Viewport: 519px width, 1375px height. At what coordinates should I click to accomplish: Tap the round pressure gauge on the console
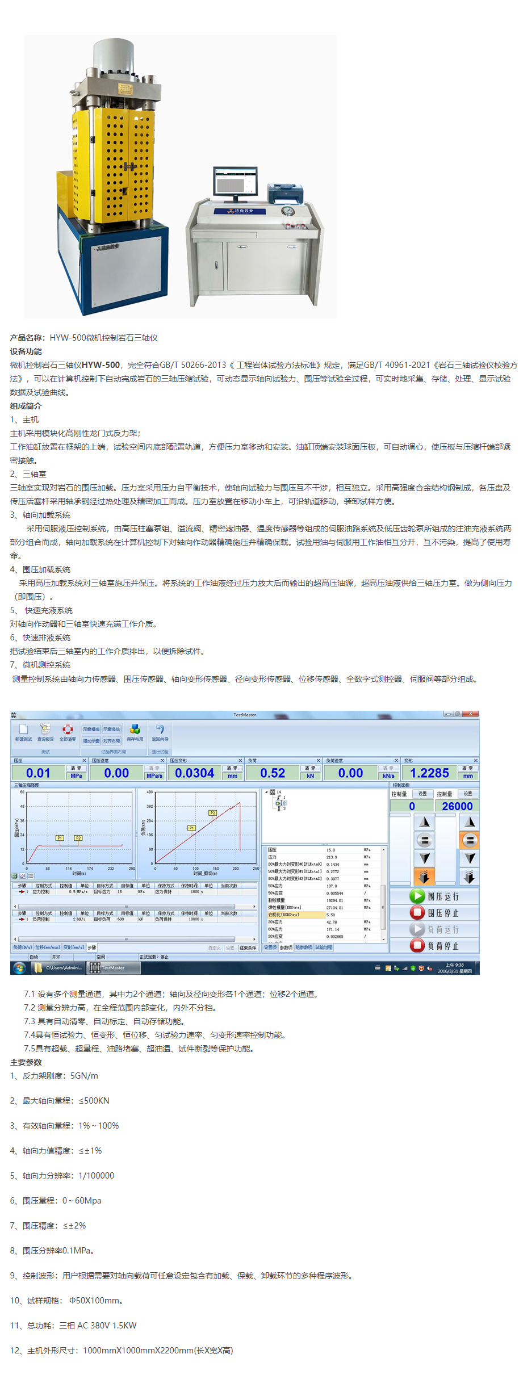[288, 211]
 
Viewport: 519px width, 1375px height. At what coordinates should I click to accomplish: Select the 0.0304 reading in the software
[194, 773]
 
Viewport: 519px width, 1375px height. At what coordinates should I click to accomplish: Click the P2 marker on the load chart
[212, 813]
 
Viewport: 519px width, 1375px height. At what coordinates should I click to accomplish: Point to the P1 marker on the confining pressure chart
[60, 838]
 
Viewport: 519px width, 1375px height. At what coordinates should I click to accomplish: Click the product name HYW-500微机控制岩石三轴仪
[103, 338]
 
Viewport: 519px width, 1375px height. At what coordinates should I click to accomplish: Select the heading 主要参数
[26, 1062]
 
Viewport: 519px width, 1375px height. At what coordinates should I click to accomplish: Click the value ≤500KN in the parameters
[94, 1101]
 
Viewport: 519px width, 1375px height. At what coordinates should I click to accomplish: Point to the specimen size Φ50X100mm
[95, 1301]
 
